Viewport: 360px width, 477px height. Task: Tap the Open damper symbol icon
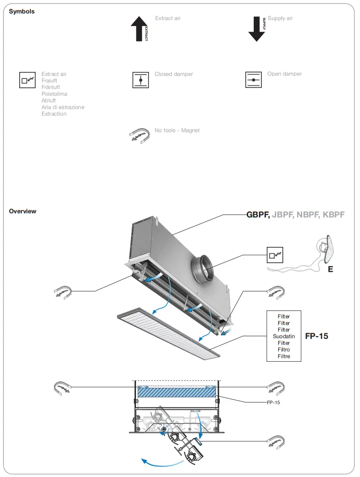pos(253,80)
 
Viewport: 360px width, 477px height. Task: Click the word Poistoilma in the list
pos(54,94)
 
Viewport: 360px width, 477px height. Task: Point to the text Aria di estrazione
pos(63,107)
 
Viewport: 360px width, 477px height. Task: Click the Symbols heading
pos(22,12)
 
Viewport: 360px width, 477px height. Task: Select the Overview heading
pos(23,211)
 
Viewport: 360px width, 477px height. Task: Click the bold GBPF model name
pos(258,215)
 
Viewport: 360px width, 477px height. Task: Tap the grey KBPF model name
pos(333,215)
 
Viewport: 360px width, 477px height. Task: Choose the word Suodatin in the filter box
pos(284,336)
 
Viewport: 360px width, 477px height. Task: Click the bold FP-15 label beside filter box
pos(317,336)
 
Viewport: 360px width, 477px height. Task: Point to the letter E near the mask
pos(330,270)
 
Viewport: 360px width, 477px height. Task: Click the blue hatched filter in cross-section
pos(177,391)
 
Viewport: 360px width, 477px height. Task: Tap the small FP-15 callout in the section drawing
pos(273,403)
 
